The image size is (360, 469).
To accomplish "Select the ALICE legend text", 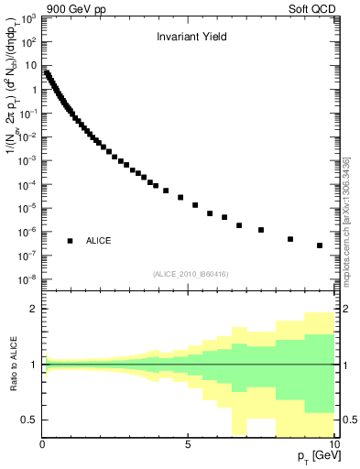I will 99,241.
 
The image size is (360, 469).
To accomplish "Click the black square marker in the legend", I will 70,241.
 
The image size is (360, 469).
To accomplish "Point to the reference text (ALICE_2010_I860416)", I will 191,274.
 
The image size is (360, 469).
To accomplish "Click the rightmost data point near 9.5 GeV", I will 320,245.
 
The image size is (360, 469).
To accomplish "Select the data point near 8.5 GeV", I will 290,239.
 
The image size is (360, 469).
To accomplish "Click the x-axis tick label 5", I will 188,445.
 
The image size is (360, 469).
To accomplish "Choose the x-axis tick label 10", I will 333,445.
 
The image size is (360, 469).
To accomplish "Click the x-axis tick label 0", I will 43,445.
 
